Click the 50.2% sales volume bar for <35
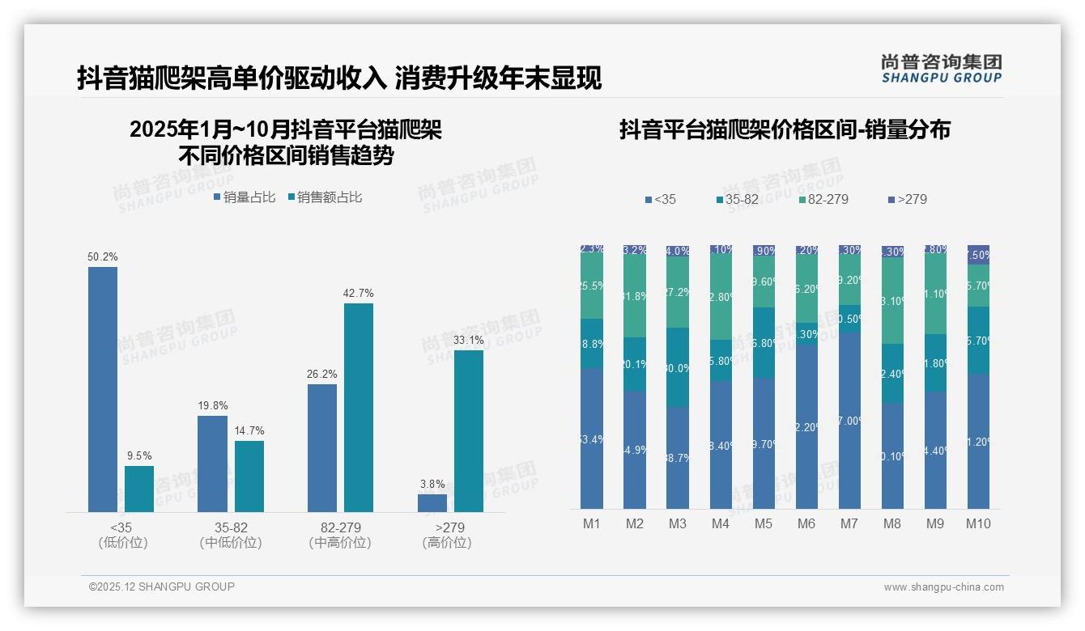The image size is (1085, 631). tap(103, 389)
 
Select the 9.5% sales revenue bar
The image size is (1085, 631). tap(139, 489)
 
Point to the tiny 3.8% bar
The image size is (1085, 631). tap(432, 503)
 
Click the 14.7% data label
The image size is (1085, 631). tap(249, 430)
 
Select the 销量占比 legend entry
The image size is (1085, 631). tap(245, 197)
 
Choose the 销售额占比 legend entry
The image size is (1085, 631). tap(323, 197)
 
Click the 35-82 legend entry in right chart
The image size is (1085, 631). tap(740, 199)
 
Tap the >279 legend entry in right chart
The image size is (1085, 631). tap(907, 199)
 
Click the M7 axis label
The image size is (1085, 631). tap(849, 523)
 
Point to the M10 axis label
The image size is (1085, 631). tap(978, 523)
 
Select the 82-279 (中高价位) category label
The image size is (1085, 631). tap(340, 535)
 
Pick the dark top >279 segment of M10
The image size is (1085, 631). tap(978, 253)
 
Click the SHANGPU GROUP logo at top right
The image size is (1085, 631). tap(941, 68)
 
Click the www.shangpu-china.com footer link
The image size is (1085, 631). tap(943, 587)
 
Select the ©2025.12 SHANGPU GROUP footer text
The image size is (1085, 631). tap(161, 587)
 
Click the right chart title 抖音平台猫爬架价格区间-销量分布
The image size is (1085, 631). tap(785, 129)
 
